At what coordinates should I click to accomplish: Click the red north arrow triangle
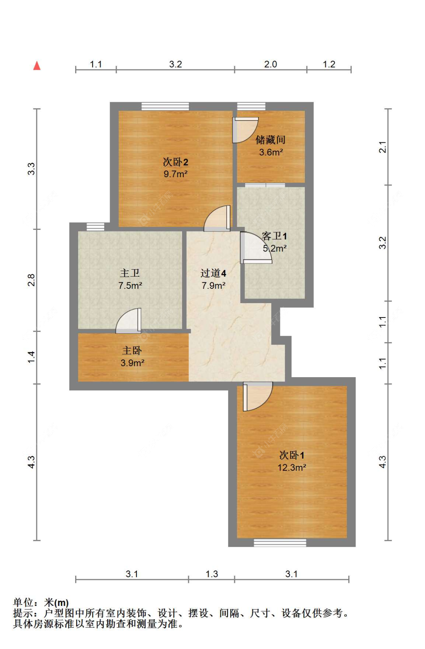(37, 66)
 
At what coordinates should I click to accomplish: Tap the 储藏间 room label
(270, 140)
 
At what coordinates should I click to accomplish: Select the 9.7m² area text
(175, 174)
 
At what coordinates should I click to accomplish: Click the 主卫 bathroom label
(130, 273)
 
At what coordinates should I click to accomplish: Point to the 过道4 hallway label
(213, 273)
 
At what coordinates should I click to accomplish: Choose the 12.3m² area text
(292, 467)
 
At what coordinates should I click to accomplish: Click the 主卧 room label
(132, 350)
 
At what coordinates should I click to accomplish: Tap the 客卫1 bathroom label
(274, 236)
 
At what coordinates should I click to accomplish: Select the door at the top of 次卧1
(257, 396)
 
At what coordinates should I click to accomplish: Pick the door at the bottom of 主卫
(129, 321)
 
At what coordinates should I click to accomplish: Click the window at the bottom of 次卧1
(280, 543)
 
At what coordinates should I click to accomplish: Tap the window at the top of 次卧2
(165, 106)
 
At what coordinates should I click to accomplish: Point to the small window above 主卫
(95, 227)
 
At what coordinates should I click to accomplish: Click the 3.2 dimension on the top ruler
(175, 64)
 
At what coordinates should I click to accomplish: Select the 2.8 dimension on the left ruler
(31, 280)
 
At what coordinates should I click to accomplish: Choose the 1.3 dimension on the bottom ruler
(212, 574)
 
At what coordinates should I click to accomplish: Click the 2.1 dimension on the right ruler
(382, 147)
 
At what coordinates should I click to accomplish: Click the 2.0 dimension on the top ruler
(270, 64)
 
